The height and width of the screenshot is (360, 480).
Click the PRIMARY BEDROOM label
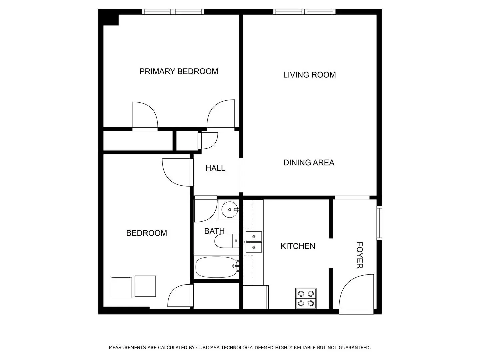[179, 71]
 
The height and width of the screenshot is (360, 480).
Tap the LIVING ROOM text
[309, 75]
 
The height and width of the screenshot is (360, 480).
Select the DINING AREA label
[309, 163]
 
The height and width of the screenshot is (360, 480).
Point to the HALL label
[215, 168]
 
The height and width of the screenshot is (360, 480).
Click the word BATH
[214, 231]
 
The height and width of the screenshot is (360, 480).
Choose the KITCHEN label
[298, 246]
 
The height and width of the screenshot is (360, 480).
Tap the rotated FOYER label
[360, 255]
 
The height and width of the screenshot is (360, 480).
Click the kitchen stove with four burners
[306, 298]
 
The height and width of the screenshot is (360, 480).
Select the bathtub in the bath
[216, 267]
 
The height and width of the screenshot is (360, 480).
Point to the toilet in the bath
[227, 241]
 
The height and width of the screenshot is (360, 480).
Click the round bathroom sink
[230, 210]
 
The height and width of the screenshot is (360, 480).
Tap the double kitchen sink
[254, 242]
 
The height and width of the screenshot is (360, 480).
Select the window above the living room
[304, 12]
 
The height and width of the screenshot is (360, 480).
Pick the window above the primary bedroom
[173, 12]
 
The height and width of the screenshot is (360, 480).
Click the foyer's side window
[379, 223]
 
